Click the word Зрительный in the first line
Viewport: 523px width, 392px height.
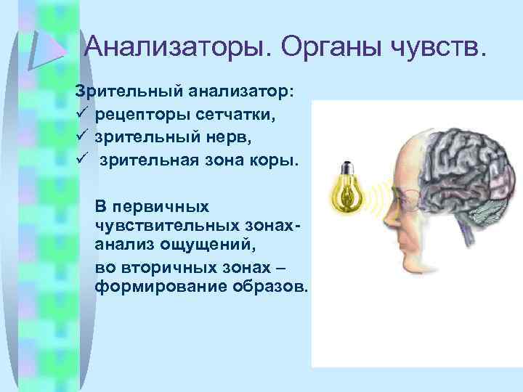129,92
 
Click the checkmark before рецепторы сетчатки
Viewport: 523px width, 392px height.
81,115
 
